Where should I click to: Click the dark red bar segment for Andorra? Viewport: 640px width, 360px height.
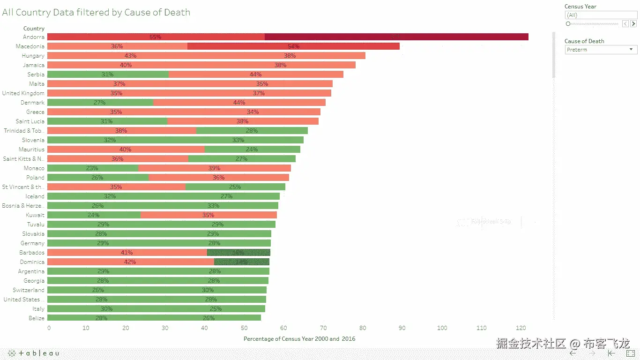click(396, 37)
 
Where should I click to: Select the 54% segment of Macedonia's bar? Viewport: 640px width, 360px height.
click(293, 46)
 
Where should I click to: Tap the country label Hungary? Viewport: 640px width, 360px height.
click(33, 56)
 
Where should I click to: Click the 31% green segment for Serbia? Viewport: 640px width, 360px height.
click(108, 75)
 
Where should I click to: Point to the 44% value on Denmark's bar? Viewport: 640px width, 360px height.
click(239, 103)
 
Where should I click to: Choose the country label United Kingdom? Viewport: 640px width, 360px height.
click(23, 93)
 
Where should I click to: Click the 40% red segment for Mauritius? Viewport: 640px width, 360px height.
click(126, 150)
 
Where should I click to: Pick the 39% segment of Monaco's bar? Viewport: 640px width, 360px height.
click(214, 168)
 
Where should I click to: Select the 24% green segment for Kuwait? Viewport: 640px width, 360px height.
click(94, 215)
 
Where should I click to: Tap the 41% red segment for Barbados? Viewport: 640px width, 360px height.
click(127, 253)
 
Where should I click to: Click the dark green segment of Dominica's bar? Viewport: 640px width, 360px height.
click(242, 262)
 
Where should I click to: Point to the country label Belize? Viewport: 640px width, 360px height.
click(37, 318)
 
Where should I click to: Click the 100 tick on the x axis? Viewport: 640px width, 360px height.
click(442, 328)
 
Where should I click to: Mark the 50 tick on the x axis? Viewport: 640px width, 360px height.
click(245, 328)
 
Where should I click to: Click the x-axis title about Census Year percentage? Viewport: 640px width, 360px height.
click(299, 338)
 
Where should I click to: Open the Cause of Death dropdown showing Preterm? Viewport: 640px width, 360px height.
click(600, 50)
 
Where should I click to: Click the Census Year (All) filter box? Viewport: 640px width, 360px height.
click(600, 15)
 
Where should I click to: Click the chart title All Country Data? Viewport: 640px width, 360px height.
click(96, 13)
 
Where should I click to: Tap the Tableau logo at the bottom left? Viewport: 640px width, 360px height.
click(34, 353)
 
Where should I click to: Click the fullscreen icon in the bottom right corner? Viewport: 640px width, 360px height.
click(630, 353)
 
